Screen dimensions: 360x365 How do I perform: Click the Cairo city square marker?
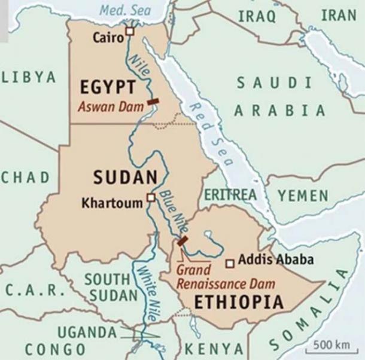[129, 31]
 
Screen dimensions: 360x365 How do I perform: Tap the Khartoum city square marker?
[151, 197]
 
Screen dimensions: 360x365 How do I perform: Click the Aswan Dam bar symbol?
[153, 102]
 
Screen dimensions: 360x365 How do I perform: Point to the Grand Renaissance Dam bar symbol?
[182, 241]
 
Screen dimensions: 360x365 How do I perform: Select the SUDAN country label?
[125, 177]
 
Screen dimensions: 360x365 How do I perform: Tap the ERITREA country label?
[230, 195]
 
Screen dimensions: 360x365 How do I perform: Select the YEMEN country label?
[302, 196]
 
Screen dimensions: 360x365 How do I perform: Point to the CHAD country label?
[25, 177]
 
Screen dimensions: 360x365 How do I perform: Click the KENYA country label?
[214, 349]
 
